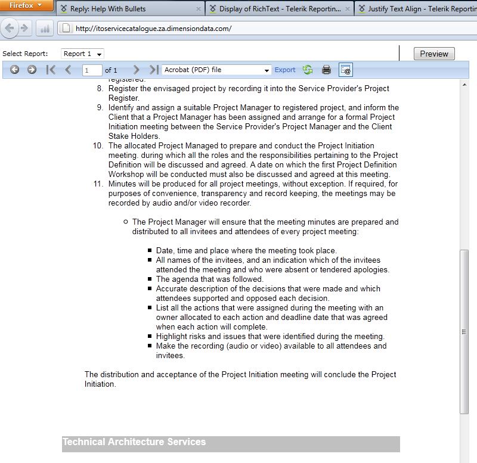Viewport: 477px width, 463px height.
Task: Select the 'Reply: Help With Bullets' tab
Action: click(107, 9)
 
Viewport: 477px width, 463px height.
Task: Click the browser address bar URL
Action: click(154, 29)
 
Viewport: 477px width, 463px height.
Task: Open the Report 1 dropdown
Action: click(83, 54)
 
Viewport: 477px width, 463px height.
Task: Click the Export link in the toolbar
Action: click(285, 70)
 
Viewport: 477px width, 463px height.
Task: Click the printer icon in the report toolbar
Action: click(326, 70)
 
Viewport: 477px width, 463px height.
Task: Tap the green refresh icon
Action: click(308, 70)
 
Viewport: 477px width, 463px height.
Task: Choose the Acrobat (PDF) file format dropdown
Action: click(217, 70)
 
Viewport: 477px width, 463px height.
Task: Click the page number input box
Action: click(92, 70)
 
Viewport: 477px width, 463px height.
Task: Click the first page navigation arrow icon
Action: click(51, 70)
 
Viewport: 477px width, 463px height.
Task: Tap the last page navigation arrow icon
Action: click(154, 70)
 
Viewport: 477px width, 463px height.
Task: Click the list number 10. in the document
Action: click(98, 146)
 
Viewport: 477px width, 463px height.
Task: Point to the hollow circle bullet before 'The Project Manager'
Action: click(126, 222)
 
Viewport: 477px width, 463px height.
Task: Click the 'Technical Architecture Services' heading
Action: click(134, 442)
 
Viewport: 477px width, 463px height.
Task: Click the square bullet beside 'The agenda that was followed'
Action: click(150, 279)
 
